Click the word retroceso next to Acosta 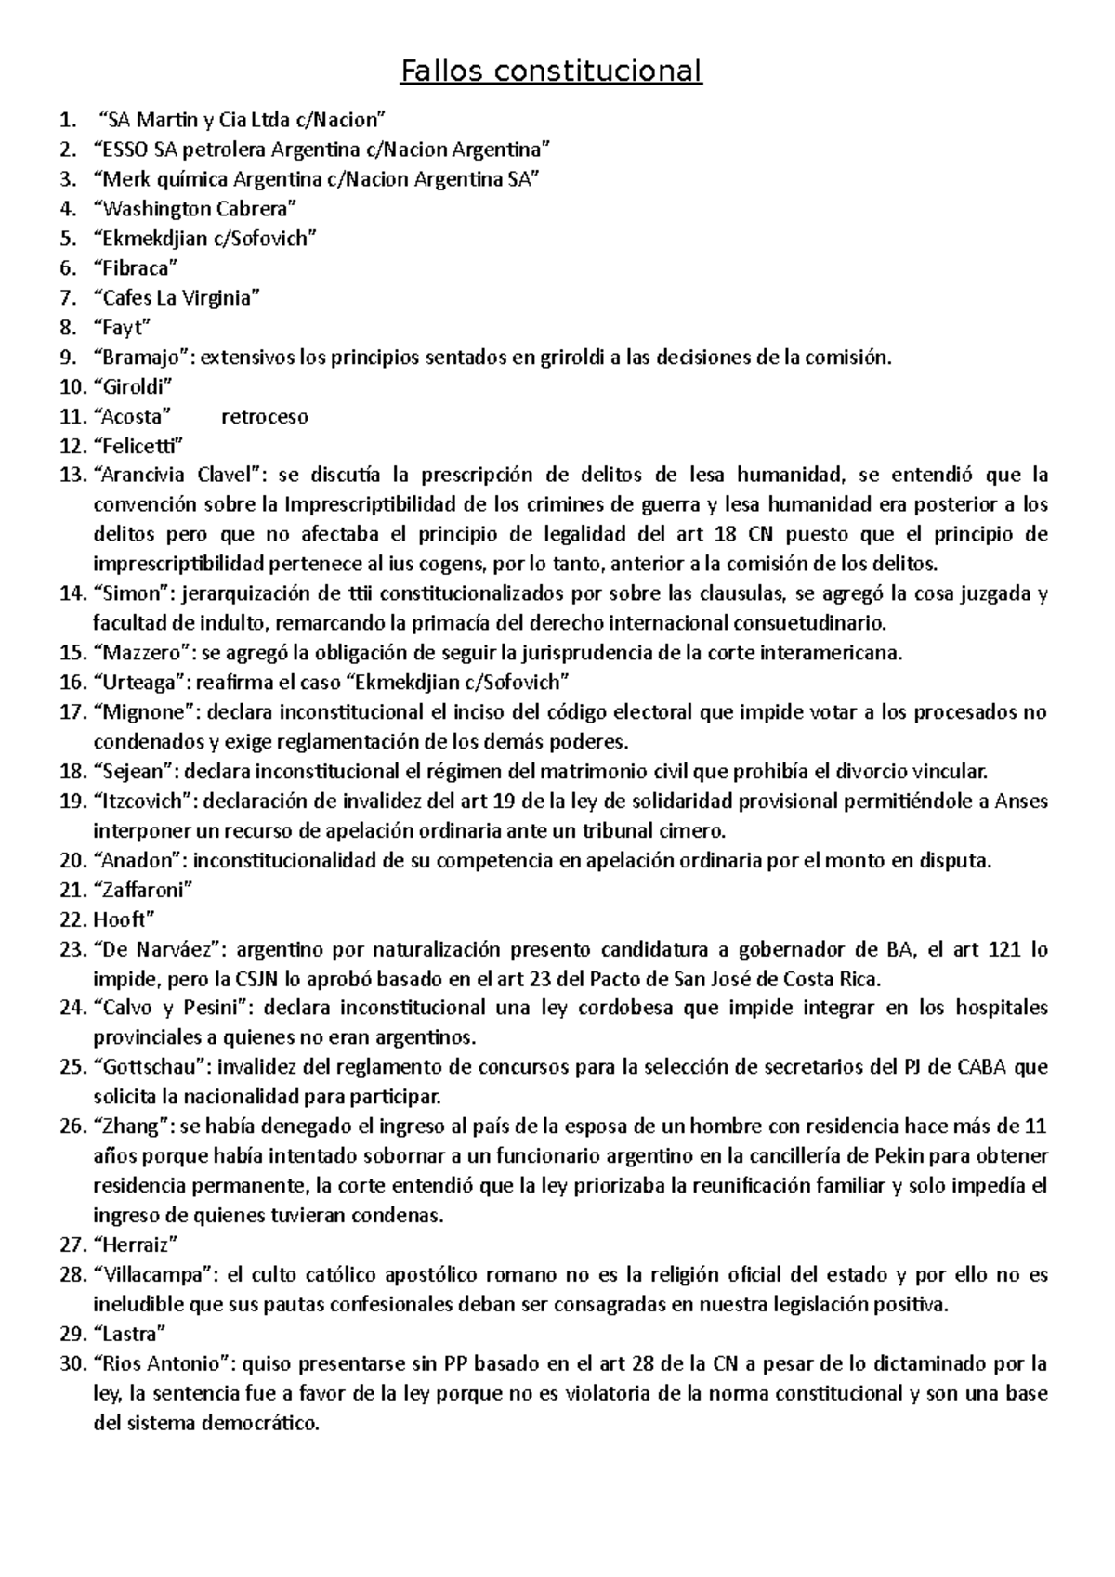[265, 416]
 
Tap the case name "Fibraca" [136, 268]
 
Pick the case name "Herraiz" [136, 1245]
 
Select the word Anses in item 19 [1021, 801]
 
